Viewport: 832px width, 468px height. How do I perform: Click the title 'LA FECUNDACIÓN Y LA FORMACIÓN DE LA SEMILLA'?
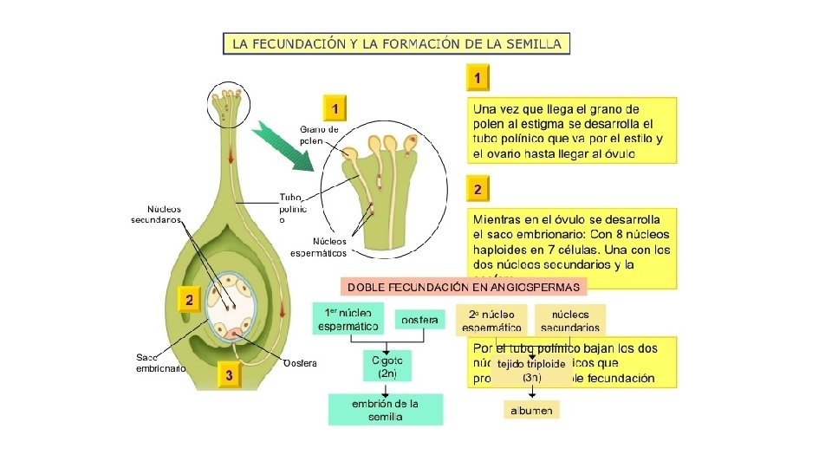(x=397, y=43)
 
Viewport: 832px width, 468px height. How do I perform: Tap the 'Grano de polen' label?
(x=319, y=134)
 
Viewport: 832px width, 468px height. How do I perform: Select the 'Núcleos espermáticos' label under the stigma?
(x=318, y=247)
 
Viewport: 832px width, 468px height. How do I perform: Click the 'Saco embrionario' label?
(x=160, y=362)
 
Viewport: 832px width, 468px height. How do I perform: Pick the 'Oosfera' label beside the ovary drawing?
(x=301, y=362)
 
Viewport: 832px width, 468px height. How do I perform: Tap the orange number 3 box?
(x=228, y=375)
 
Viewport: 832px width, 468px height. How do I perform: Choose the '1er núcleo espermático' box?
(x=348, y=319)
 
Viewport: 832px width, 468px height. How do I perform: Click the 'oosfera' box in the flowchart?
(x=419, y=320)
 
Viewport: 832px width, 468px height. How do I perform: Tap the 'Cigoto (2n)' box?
(x=387, y=365)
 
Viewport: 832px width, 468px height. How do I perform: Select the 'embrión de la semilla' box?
(x=385, y=409)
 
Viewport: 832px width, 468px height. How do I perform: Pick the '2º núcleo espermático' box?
(x=491, y=321)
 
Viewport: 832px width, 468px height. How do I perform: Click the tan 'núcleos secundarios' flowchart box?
(x=569, y=321)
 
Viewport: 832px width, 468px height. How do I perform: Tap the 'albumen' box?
(x=531, y=409)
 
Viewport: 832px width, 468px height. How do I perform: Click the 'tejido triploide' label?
(x=530, y=364)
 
